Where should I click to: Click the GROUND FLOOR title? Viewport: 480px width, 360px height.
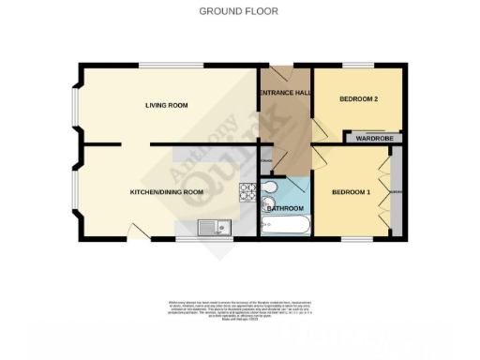coord(239,11)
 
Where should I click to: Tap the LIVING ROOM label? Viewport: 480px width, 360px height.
coord(166,105)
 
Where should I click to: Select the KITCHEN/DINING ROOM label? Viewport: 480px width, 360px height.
coord(166,192)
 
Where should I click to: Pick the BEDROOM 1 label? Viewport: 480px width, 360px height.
coord(352,192)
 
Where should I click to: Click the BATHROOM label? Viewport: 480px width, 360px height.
coord(285,208)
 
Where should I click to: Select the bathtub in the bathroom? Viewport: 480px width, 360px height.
coord(285,226)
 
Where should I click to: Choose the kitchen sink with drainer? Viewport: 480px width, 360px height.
coord(214,226)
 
